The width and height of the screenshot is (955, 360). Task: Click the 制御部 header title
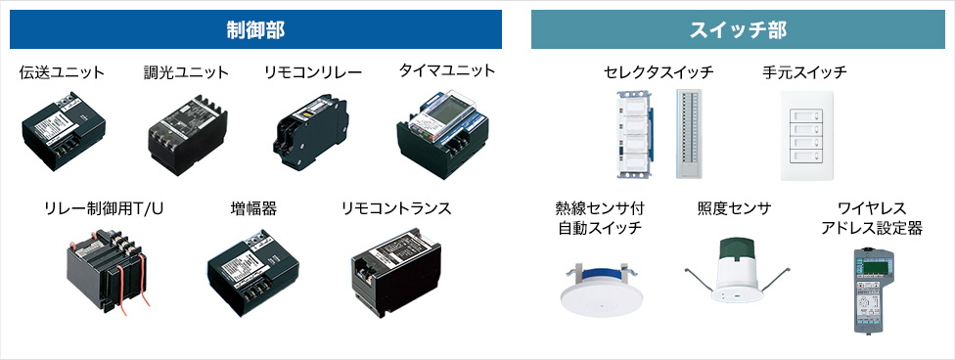point(255,29)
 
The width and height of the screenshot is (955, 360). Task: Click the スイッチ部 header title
point(737,29)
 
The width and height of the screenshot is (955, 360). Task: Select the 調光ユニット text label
point(186,72)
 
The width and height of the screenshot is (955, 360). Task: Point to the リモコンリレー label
point(313,72)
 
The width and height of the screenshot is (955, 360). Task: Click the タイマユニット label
point(446,70)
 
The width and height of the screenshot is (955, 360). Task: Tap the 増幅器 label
point(253,208)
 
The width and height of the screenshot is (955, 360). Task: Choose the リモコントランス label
point(396,208)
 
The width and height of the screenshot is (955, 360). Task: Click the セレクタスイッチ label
point(659,72)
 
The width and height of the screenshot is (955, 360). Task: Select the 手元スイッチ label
point(804,72)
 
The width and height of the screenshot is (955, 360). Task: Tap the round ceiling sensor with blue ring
point(598,288)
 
